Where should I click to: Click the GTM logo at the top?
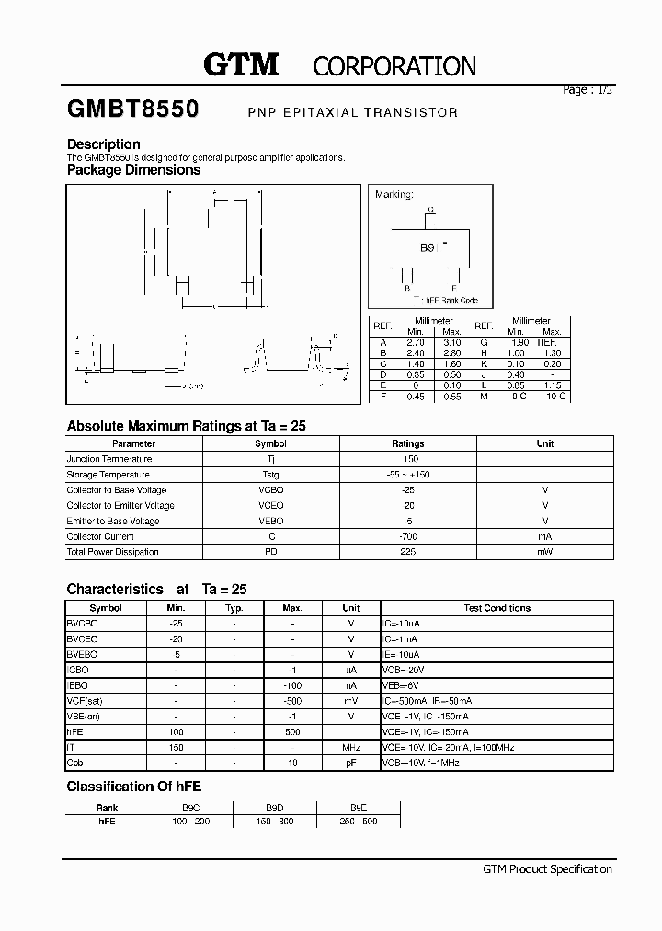click(x=240, y=64)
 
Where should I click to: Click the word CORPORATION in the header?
click(x=394, y=66)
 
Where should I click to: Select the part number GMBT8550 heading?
click(x=132, y=109)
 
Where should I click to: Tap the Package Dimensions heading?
click(x=133, y=169)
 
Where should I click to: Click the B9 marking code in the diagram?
click(x=428, y=248)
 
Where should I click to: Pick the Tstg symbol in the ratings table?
click(x=270, y=475)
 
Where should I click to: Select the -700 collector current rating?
click(x=408, y=536)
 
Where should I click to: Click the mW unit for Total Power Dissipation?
click(x=544, y=552)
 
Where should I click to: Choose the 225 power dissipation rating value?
click(x=408, y=552)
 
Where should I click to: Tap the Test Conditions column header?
click(x=496, y=608)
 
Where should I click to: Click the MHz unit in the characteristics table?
click(x=350, y=748)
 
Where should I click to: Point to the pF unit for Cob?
click(x=350, y=764)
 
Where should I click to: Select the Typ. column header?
click(x=234, y=608)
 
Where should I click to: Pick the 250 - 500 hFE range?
click(x=358, y=821)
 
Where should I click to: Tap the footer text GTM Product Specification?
click(x=547, y=869)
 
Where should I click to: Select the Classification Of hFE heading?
click(x=134, y=787)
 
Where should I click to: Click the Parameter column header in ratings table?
click(x=133, y=443)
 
